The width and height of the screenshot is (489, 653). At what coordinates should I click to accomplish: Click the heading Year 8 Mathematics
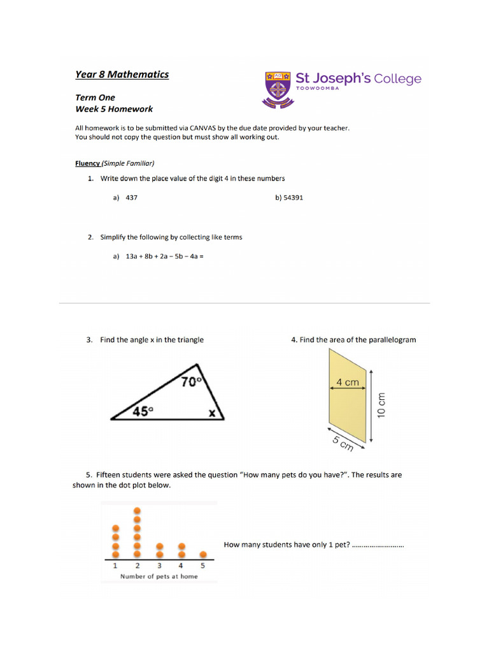[x=122, y=75]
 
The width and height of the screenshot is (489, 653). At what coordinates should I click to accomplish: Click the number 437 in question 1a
[x=132, y=198]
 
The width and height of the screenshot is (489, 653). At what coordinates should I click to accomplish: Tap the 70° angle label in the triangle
[x=190, y=381]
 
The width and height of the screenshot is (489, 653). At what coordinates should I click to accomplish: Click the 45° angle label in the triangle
[x=143, y=411]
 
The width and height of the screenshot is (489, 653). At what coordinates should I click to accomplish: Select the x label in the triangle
[x=213, y=414]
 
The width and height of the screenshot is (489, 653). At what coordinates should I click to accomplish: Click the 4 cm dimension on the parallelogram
[x=347, y=383]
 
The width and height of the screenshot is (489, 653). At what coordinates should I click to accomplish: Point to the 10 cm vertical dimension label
[x=381, y=404]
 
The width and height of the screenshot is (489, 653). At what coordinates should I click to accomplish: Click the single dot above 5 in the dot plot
[x=203, y=554]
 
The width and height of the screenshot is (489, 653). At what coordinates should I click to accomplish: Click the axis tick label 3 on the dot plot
[x=159, y=566]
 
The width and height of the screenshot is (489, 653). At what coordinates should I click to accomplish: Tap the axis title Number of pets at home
[x=159, y=576]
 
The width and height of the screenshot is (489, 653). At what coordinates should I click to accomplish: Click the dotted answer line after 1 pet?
[x=378, y=545]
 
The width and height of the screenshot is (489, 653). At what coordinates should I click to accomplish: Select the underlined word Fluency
[x=87, y=163]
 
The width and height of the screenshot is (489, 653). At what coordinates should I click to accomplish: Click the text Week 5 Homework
[x=114, y=109]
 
